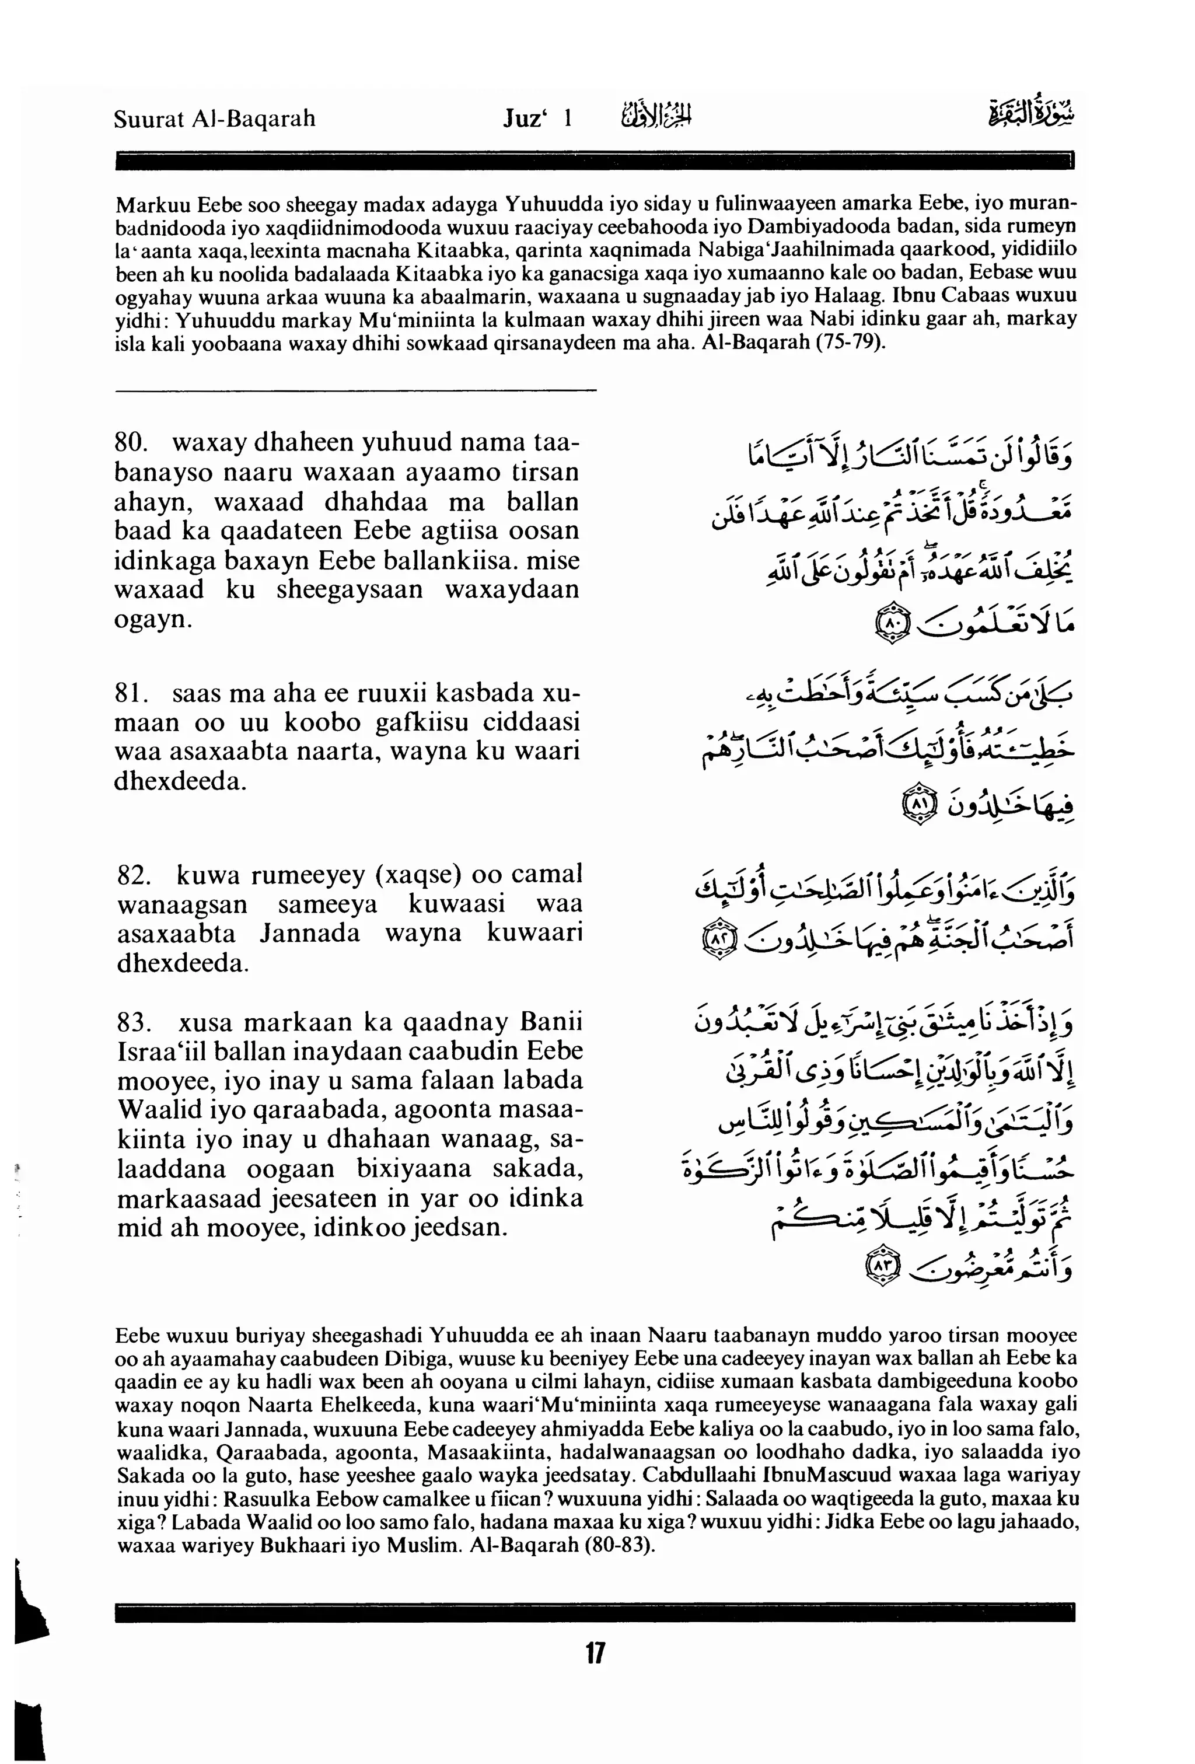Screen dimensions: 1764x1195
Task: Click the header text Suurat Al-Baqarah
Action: tap(215, 119)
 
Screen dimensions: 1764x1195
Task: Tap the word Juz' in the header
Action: tap(525, 119)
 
